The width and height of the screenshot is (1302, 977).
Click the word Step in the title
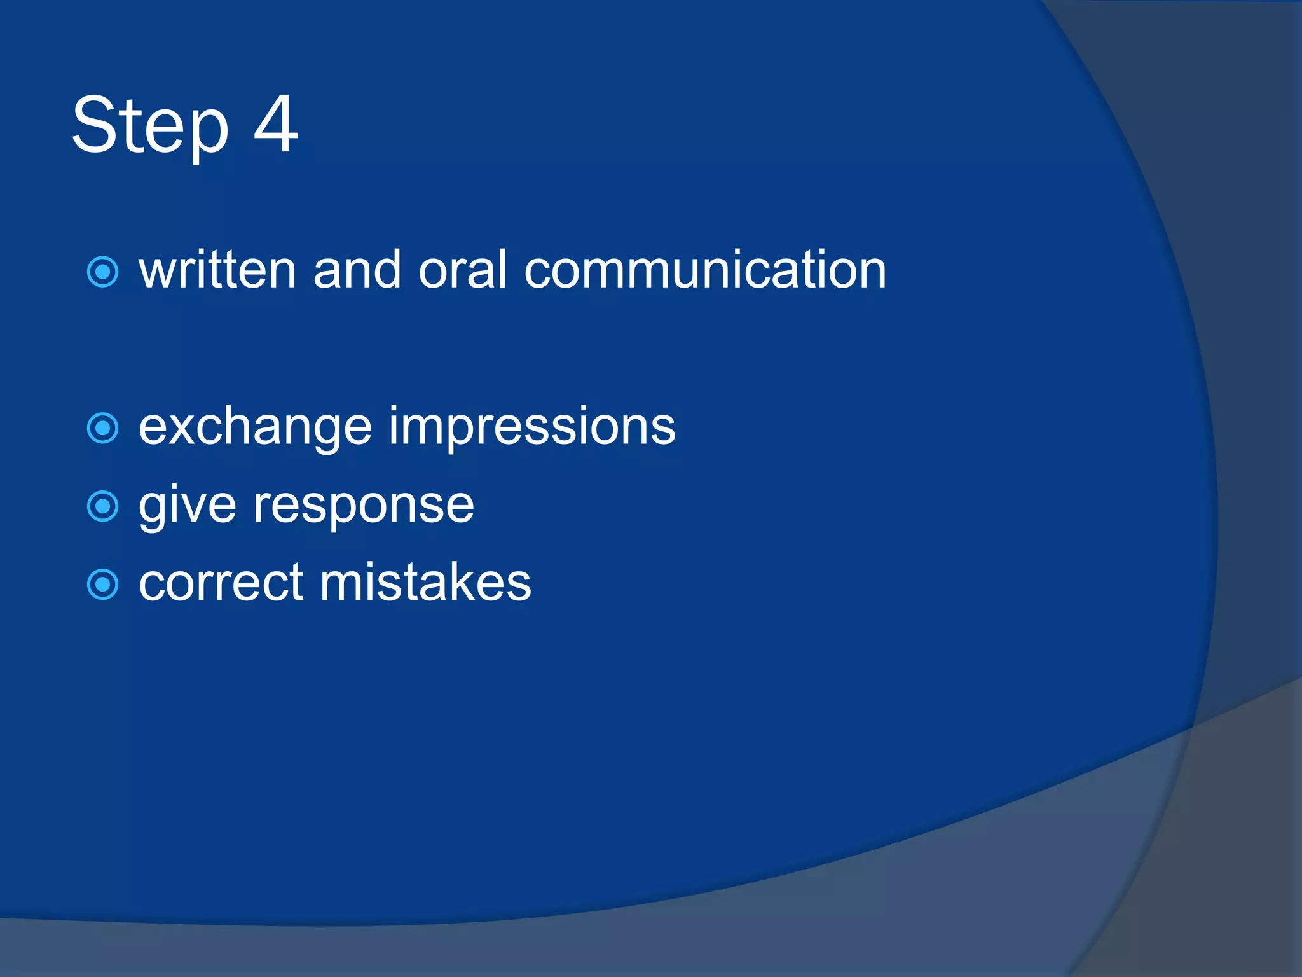pyautogui.click(x=150, y=125)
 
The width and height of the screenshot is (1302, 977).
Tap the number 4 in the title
pyautogui.click(x=275, y=123)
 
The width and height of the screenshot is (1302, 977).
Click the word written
pyautogui.click(x=217, y=270)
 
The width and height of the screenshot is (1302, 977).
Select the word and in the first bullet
pyautogui.click(x=357, y=270)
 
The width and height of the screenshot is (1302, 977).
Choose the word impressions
pyautogui.click(x=532, y=427)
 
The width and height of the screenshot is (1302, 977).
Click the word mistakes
pyautogui.click(x=425, y=583)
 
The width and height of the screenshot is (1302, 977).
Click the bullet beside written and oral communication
pyautogui.click(x=102, y=272)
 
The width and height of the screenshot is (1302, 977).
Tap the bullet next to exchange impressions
pyautogui.click(x=102, y=428)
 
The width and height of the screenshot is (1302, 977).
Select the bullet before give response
pyautogui.click(x=102, y=506)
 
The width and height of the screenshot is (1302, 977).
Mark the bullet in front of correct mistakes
pyautogui.click(x=102, y=585)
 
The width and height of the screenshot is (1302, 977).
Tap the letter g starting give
pyautogui.click(x=153, y=509)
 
